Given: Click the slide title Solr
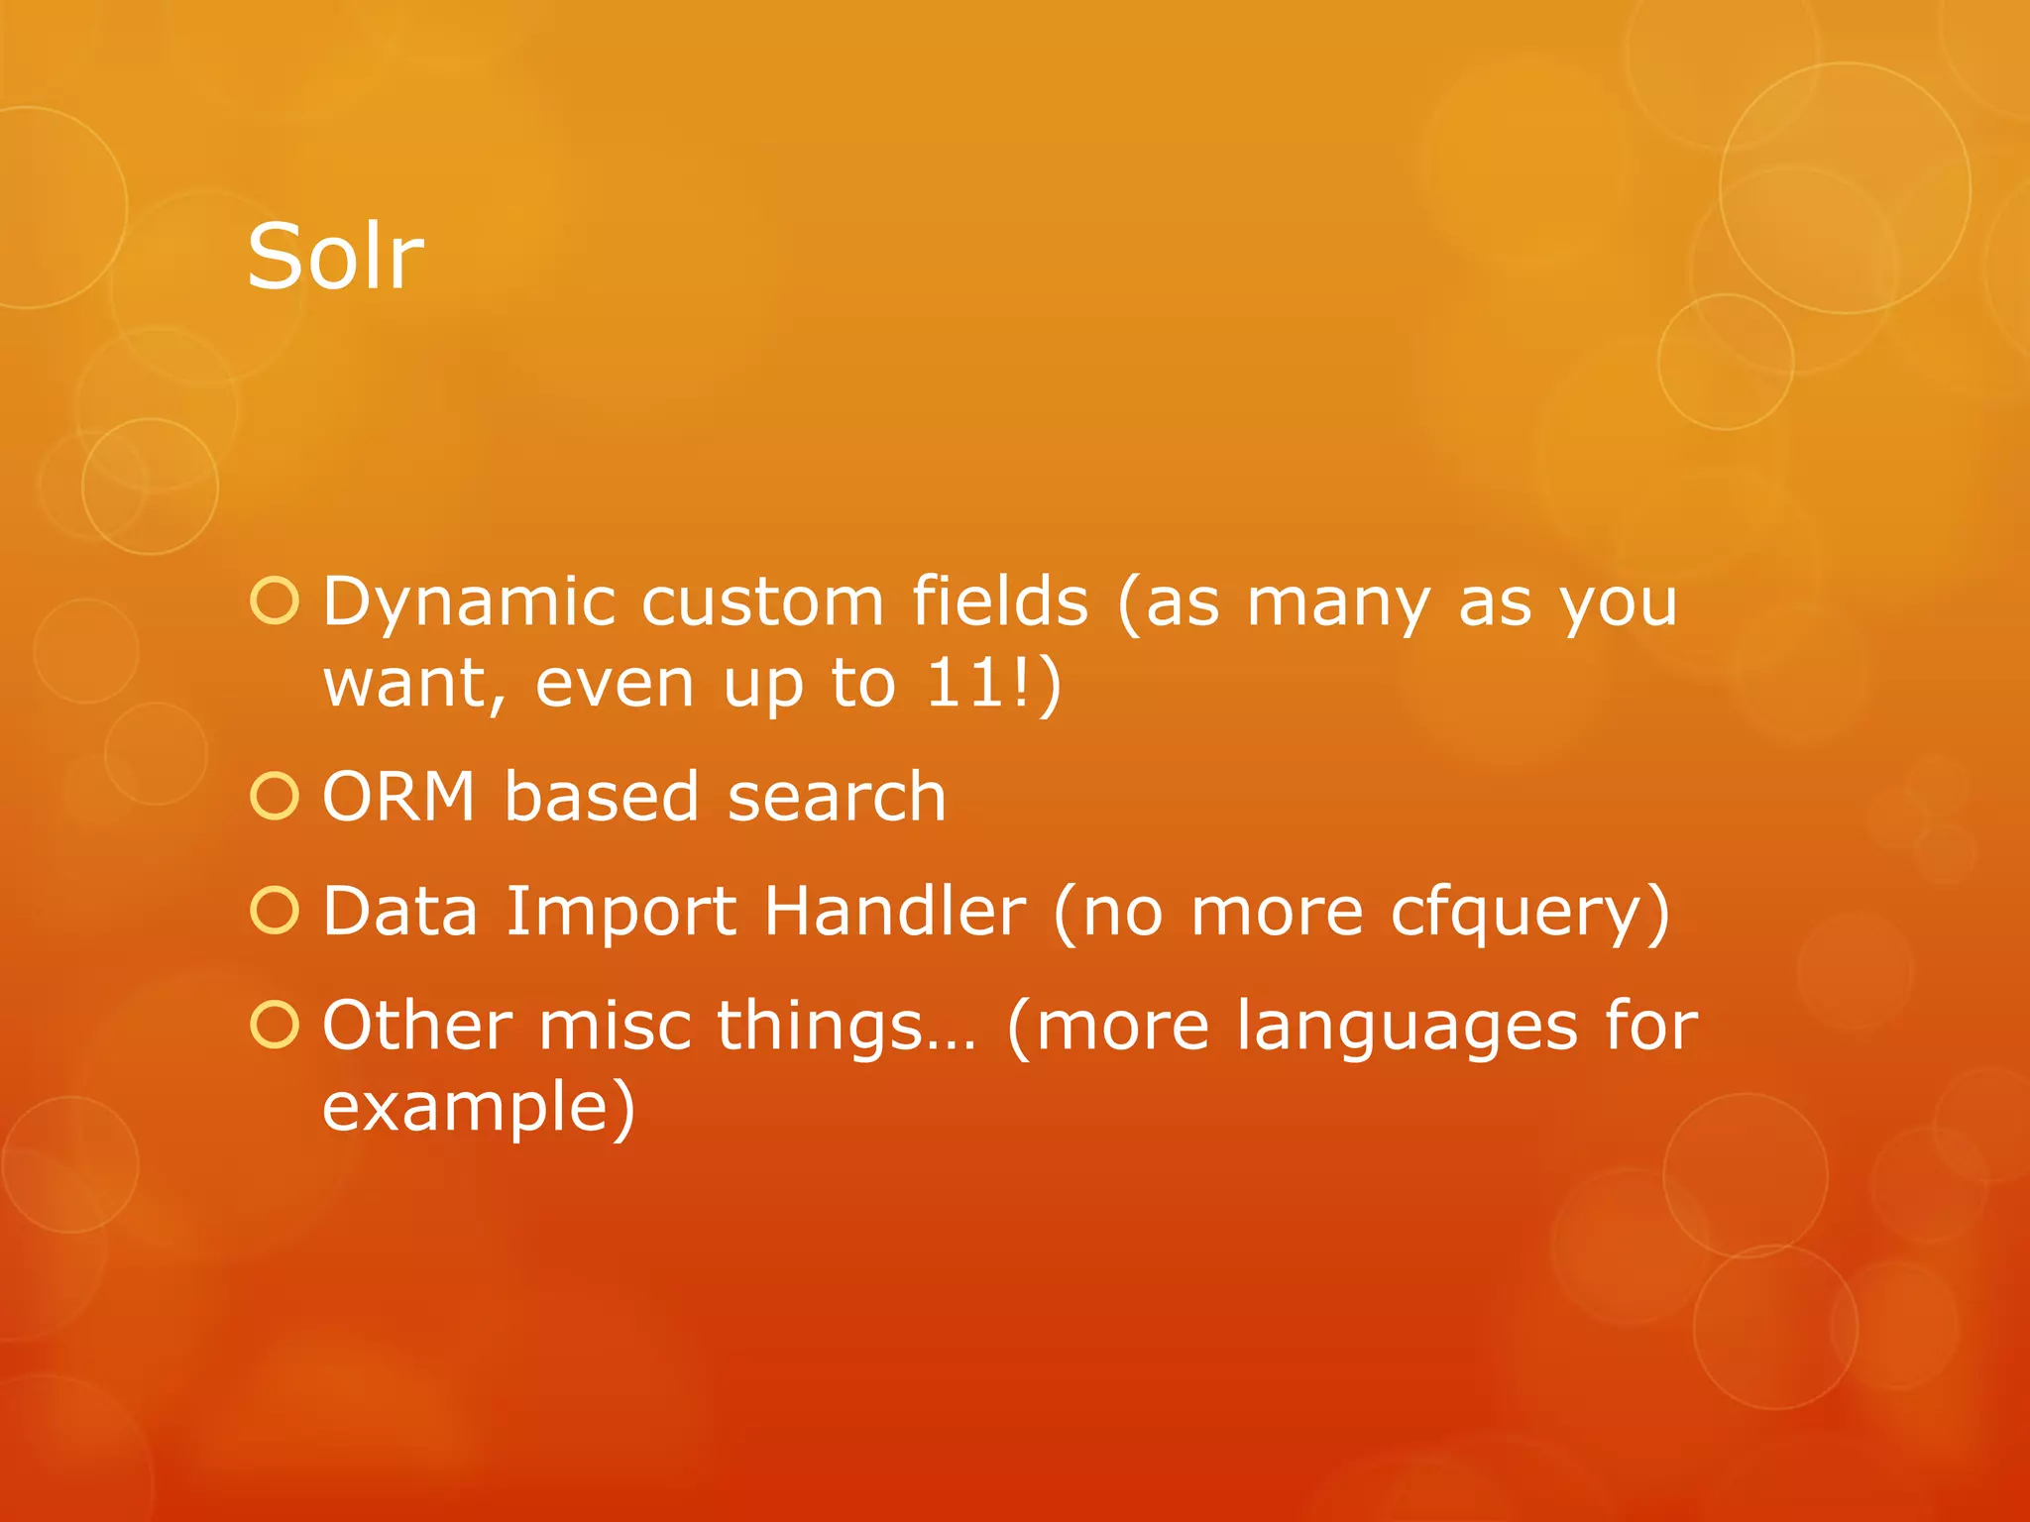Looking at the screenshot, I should point(335,257).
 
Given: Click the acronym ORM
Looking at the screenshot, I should point(399,797).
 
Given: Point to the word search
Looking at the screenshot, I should point(837,797).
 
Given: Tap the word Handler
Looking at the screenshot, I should point(894,912).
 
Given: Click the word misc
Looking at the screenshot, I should point(615,1026).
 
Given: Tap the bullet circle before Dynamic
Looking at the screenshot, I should point(275,601).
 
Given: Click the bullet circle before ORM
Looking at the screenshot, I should point(275,797).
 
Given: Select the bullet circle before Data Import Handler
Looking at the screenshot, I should point(275,912).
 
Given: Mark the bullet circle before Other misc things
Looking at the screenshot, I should point(275,1026).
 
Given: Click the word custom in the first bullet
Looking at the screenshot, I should point(761,602).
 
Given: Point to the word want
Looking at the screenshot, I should point(413,684).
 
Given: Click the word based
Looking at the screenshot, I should point(600,797).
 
